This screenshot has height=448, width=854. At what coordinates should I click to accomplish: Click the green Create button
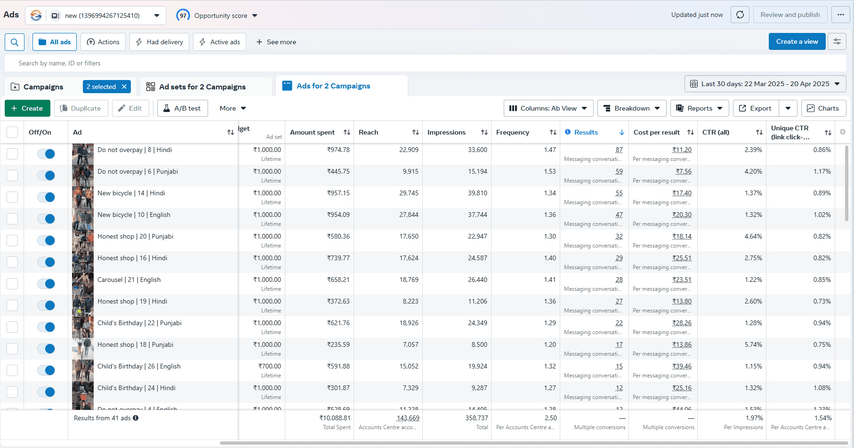point(27,108)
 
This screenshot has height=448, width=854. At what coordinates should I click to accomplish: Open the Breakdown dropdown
point(632,108)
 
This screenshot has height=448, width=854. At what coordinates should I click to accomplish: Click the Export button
point(756,108)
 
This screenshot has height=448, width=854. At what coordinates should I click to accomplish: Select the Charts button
point(823,108)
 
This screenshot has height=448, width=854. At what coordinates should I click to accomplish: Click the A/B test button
point(182,108)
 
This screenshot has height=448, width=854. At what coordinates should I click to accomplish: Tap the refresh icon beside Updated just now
point(740,15)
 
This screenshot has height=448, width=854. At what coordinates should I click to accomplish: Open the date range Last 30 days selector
point(765,84)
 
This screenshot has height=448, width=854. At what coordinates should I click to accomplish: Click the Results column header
point(586,132)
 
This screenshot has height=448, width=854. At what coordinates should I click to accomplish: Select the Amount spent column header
point(312,132)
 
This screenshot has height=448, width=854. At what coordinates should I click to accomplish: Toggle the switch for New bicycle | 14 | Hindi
point(46,197)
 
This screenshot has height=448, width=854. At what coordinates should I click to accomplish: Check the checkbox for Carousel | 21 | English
point(12,284)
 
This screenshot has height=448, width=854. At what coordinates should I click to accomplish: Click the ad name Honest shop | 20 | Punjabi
point(135,236)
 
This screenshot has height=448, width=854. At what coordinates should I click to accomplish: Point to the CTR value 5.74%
point(753,344)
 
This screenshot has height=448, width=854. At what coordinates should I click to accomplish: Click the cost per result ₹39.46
point(682,366)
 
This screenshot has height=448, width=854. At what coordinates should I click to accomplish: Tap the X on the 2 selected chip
point(124,87)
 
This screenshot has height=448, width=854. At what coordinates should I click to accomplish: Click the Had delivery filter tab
point(159,42)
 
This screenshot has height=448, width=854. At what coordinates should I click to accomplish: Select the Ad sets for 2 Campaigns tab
point(202,87)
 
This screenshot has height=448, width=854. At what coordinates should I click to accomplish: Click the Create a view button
point(797,41)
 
